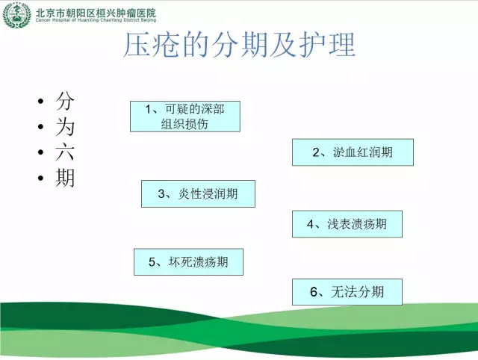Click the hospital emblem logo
point(16,15)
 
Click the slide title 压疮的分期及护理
point(240,45)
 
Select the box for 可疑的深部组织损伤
point(185,117)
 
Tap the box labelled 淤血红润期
point(353,152)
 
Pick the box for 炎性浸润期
point(198,194)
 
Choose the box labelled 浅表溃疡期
point(347,224)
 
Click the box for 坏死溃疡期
point(188,262)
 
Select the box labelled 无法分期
point(347,292)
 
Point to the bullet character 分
point(65,101)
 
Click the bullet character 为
point(65,127)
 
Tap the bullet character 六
point(65,152)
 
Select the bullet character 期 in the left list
point(65,178)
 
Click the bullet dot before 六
point(41,152)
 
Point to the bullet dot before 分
point(41,101)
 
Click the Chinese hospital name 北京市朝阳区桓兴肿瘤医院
point(96,13)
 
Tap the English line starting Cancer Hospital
point(96,20)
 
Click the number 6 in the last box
point(314,292)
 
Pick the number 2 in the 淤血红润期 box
point(316,152)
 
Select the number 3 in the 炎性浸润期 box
point(161,194)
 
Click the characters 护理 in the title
point(327,45)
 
